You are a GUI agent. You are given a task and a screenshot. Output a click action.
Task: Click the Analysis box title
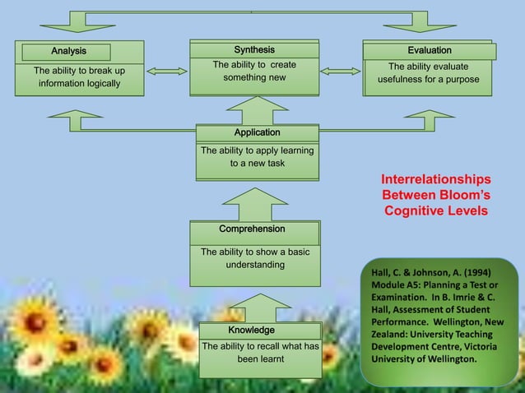67,52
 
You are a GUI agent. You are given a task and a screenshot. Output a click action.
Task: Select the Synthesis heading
254,50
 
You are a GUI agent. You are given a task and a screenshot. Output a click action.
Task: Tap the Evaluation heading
430,51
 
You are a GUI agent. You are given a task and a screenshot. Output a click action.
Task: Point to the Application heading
257,132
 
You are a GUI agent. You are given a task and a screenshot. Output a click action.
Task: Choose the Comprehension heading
252,229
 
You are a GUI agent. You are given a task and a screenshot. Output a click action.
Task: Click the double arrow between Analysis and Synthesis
167,72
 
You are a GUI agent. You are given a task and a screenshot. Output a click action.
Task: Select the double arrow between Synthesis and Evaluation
341,72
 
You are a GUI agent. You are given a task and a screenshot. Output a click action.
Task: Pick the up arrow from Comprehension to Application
255,203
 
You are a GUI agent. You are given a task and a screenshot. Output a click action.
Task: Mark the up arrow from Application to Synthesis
257,109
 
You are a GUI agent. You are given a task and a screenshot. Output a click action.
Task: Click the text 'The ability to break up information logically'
79,77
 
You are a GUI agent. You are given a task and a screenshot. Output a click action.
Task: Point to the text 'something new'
254,77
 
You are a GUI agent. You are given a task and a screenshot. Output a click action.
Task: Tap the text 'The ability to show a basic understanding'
255,258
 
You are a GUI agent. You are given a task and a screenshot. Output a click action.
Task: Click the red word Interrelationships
435,179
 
